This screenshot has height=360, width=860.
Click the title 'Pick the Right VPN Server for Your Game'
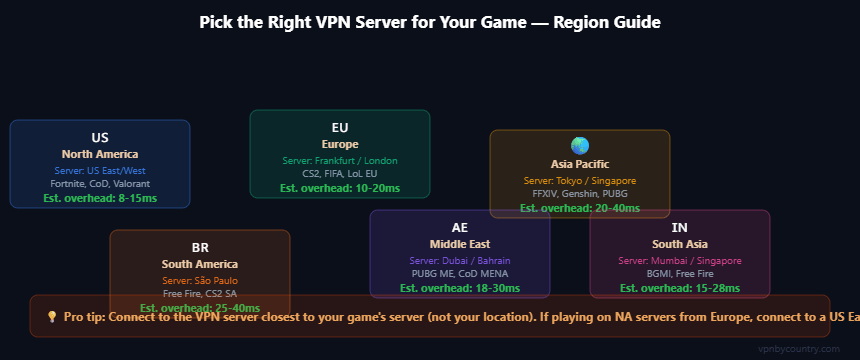click(430, 21)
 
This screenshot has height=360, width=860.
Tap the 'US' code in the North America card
click(100, 137)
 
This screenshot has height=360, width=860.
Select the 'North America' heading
click(100, 154)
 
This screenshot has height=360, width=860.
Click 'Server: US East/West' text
click(100, 170)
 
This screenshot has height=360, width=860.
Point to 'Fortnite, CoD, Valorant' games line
click(100, 184)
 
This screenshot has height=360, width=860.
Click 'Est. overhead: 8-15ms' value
click(100, 198)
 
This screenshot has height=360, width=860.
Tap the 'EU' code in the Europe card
click(340, 127)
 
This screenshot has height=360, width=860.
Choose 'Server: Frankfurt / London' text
click(340, 160)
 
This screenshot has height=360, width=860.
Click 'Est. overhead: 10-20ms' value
click(340, 188)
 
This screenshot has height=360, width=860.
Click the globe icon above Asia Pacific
click(580, 146)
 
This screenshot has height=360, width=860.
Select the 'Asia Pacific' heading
click(580, 164)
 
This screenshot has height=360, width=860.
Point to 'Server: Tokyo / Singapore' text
click(580, 180)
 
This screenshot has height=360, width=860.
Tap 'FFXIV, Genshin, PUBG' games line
click(580, 194)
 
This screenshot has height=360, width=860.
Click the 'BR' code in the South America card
click(200, 247)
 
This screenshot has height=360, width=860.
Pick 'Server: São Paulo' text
click(200, 280)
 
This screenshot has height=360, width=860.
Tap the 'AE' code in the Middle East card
click(460, 227)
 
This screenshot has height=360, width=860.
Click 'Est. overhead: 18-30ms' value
click(460, 288)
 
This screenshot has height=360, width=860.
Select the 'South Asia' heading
click(680, 244)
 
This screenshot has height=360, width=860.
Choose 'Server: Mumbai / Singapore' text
click(680, 260)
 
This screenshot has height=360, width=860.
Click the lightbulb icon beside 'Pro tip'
click(52, 316)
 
